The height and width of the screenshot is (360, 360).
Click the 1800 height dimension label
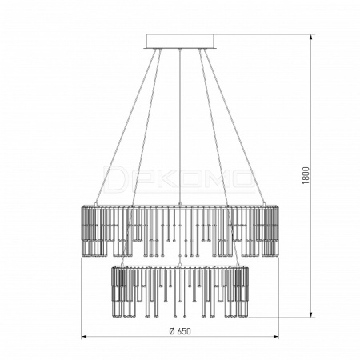click(x=306, y=176)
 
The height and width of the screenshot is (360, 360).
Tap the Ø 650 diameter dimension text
click(x=180, y=331)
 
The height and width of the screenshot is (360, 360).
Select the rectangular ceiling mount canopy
click(x=180, y=42)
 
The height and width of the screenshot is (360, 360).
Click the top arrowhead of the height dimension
click(x=311, y=38)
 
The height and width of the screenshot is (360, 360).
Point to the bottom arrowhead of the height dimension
click(x=311, y=314)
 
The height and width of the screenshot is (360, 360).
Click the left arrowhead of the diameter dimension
click(x=84, y=337)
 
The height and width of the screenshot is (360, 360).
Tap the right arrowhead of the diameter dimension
click(x=276, y=337)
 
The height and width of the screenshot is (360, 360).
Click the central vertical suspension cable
click(x=180, y=126)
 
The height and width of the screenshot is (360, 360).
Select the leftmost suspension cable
click(x=126, y=126)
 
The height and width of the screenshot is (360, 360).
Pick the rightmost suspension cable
click(x=235, y=126)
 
